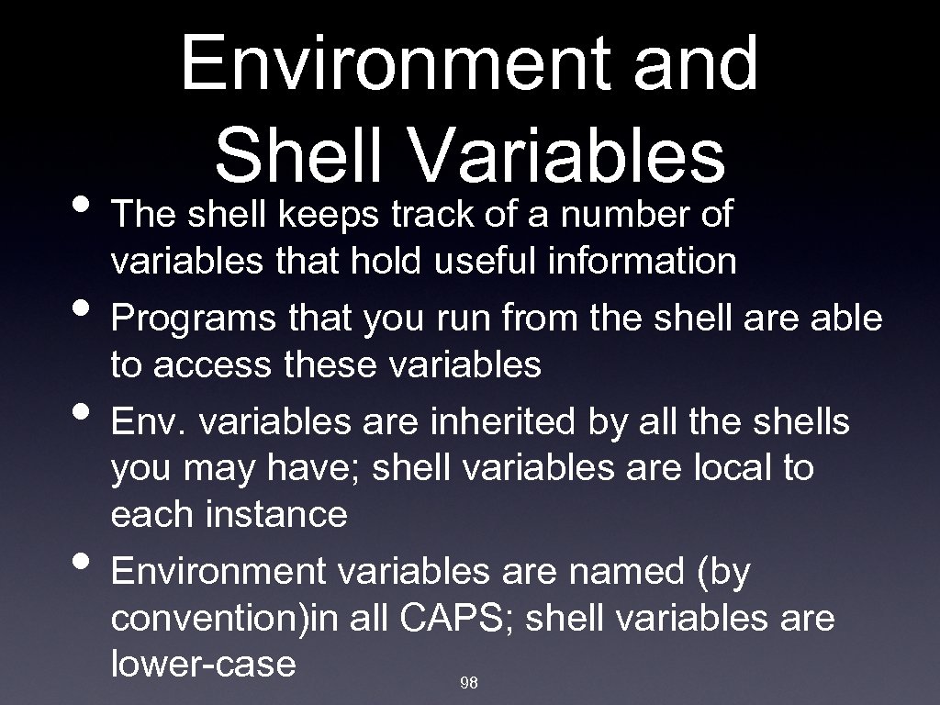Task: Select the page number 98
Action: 469,683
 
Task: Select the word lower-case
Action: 203,663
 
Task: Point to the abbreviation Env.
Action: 148,423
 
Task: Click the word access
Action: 211,365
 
